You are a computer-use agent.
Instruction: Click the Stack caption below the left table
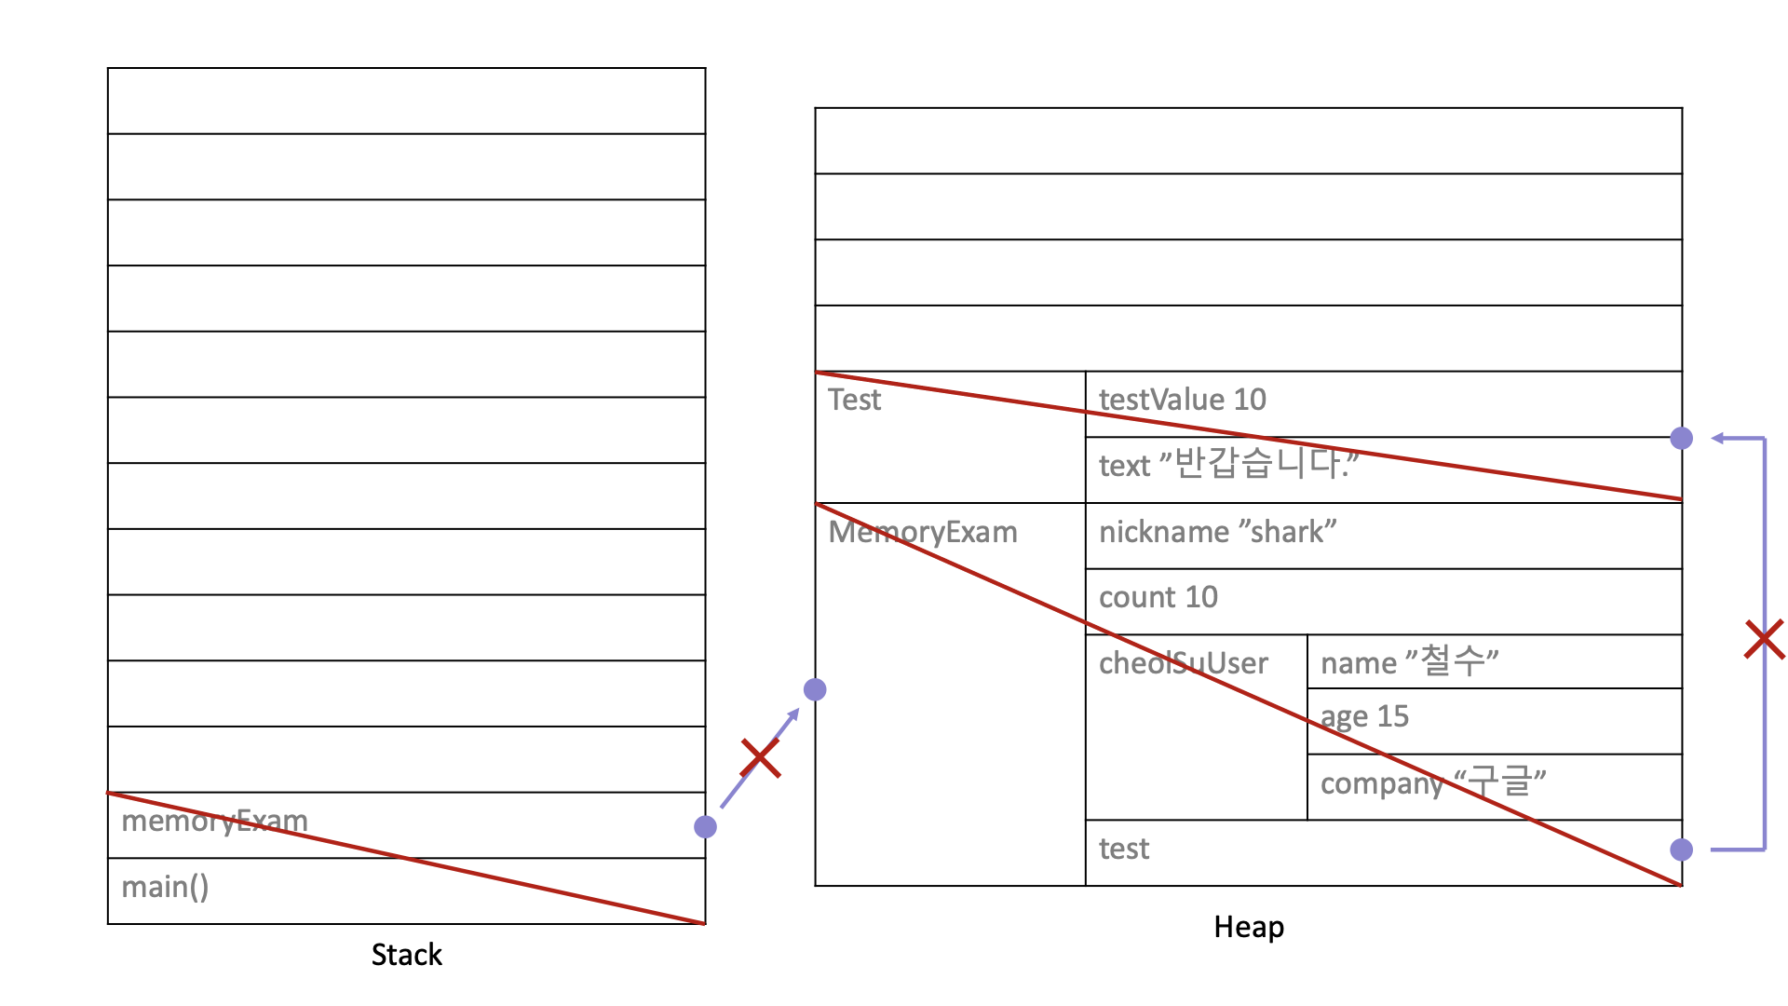click(406, 955)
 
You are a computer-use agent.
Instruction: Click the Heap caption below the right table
click(1249, 927)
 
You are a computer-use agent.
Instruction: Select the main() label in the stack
click(165, 887)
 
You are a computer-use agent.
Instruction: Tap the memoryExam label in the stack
click(214, 821)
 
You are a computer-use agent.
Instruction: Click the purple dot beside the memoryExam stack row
click(705, 826)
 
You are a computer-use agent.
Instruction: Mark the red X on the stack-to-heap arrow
click(760, 758)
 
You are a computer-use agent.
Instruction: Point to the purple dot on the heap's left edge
click(815, 689)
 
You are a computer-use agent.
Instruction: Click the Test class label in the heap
click(854, 400)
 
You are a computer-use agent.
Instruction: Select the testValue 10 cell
click(1182, 400)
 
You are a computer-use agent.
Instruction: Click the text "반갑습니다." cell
click(1227, 464)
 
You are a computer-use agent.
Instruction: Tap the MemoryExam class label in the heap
click(922, 532)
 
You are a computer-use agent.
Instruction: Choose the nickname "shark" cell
click(1217, 532)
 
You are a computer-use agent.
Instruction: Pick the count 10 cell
click(1158, 597)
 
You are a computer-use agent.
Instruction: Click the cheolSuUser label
click(1183, 663)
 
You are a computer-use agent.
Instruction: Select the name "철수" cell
click(1409, 662)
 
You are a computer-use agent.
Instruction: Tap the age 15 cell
click(1364, 716)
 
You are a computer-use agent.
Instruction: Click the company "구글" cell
click(1432, 782)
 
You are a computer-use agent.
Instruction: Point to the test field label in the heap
click(1124, 849)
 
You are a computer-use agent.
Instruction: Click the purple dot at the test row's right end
click(1681, 850)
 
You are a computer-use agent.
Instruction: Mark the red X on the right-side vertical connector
click(1764, 640)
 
